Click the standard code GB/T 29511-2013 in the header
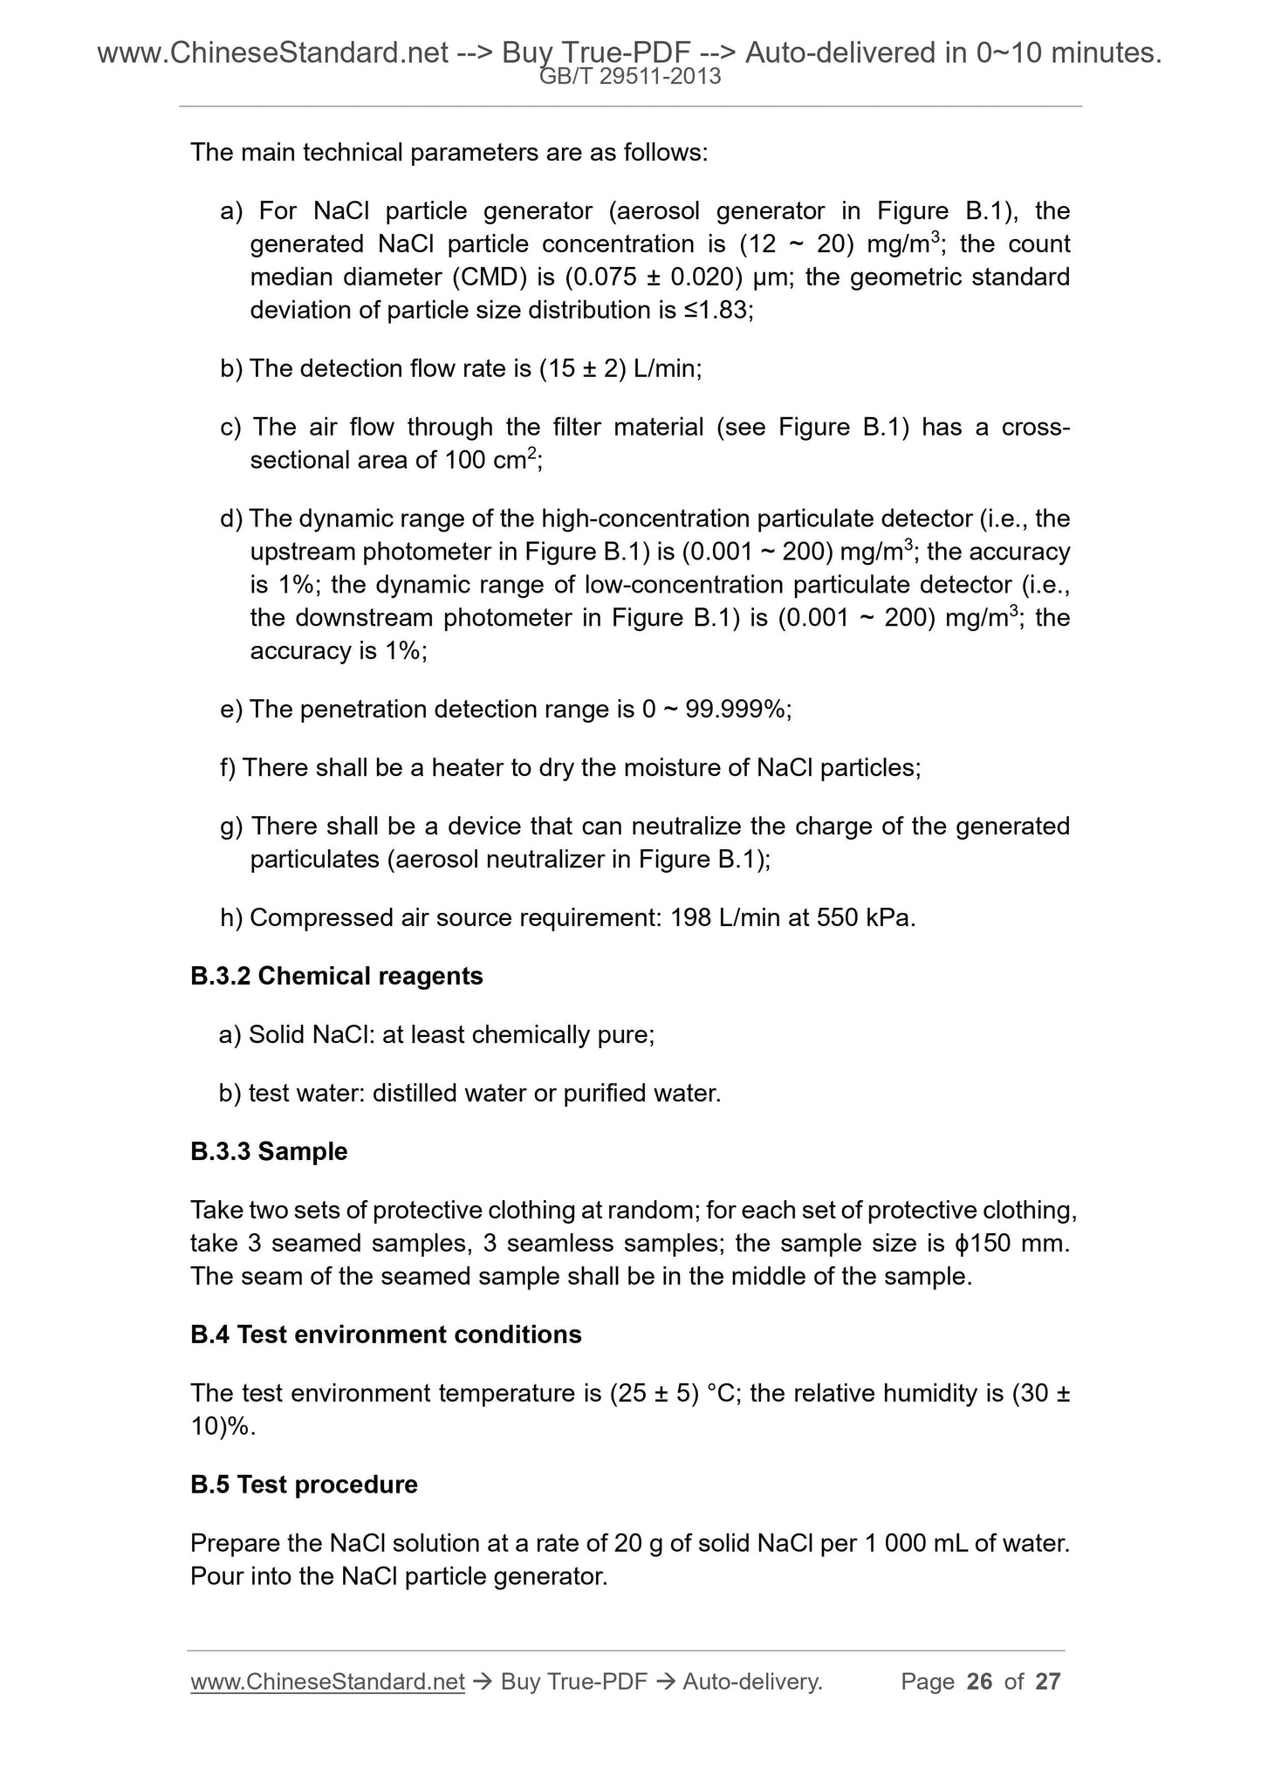pyautogui.click(x=630, y=77)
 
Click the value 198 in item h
pyautogui.click(x=689, y=917)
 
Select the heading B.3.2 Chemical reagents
pyautogui.click(x=336, y=976)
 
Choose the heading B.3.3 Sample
pyautogui.click(x=269, y=1151)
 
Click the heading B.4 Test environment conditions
pyautogui.click(x=386, y=1335)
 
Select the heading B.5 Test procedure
pyautogui.click(x=304, y=1485)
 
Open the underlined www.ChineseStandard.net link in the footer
pyautogui.click(x=327, y=1682)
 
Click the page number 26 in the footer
pyautogui.click(x=980, y=1682)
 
